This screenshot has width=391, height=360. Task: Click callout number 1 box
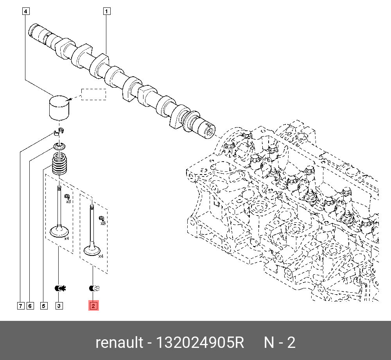107,11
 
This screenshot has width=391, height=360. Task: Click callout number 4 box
25,11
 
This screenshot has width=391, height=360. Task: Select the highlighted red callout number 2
93,306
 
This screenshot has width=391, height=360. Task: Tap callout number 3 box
59,306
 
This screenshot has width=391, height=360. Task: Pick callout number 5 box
43,306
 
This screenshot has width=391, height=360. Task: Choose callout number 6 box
30,306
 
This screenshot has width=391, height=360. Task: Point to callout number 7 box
20,306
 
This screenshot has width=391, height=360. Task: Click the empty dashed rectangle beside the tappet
93,94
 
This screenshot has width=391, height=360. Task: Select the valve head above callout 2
92,250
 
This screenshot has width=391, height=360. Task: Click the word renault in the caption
119,343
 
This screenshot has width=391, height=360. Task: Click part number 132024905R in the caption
200,343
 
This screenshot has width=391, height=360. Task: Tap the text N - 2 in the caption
280,343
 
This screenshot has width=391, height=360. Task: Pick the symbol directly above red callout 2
95,288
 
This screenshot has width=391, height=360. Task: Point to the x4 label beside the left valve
66,238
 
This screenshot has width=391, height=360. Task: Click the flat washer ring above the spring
60,146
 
